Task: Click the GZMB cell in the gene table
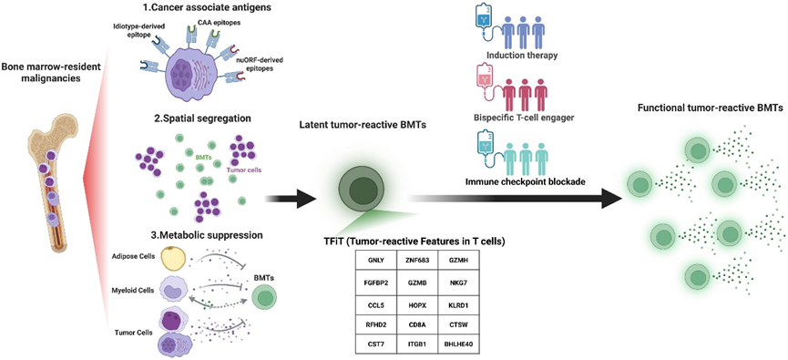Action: (x=415, y=281)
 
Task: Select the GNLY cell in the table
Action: (x=375, y=260)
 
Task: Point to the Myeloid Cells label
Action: (x=132, y=291)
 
